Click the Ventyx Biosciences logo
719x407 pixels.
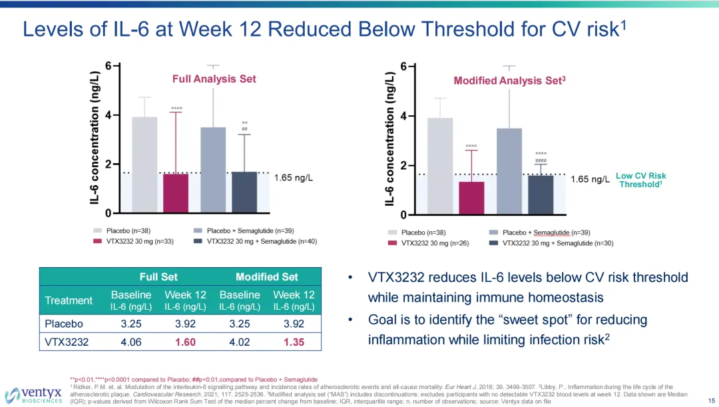(x=33, y=394)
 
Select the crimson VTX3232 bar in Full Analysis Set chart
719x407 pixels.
(x=176, y=193)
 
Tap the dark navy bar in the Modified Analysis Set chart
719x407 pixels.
(x=541, y=195)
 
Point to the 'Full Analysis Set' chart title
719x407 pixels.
(x=214, y=79)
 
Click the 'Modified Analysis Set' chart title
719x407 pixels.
(x=509, y=81)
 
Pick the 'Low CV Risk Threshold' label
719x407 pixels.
(x=640, y=180)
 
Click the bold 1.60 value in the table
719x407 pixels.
(x=186, y=342)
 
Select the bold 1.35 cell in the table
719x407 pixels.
(x=294, y=342)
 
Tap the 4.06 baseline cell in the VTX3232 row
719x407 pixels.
(x=131, y=342)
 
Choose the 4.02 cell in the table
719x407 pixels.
(x=240, y=342)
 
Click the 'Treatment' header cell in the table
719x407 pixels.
(x=69, y=300)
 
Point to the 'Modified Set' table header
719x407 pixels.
(x=266, y=276)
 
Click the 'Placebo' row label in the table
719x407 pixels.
(x=64, y=324)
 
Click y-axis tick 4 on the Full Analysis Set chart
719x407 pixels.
(x=108, y=115)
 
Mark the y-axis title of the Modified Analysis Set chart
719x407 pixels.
(x=390, y=138)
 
